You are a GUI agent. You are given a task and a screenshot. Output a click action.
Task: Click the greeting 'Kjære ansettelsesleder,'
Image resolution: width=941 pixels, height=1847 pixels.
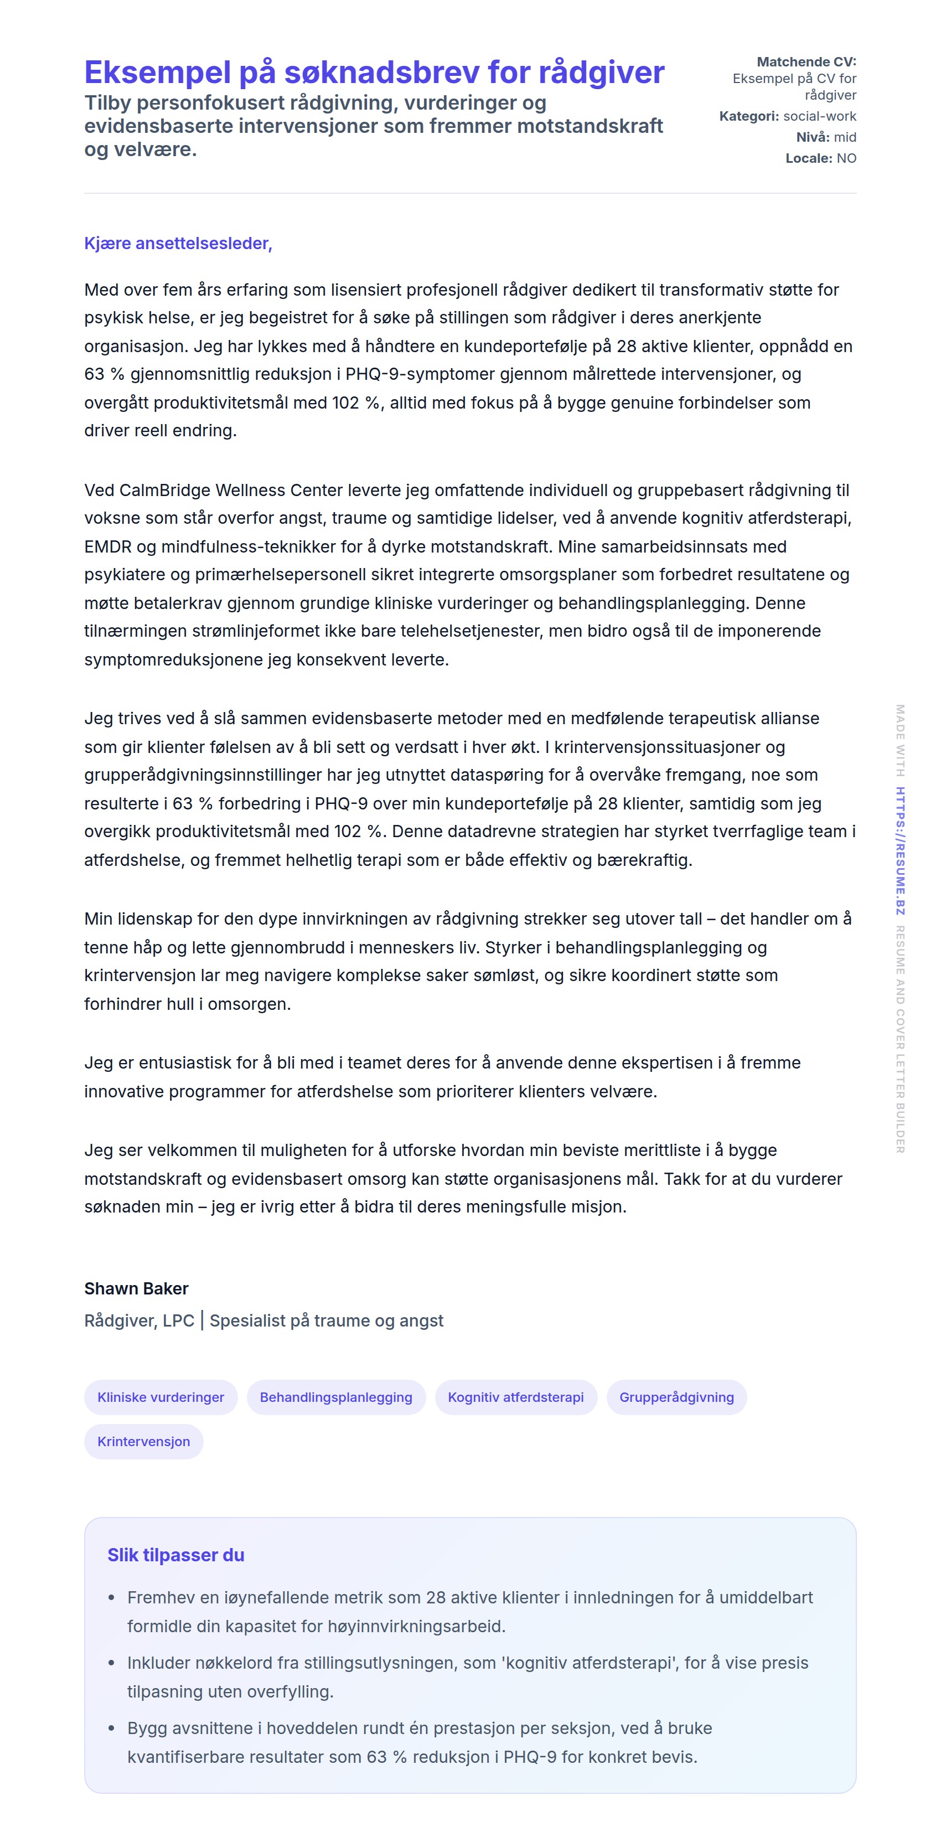click(x=178, y=243)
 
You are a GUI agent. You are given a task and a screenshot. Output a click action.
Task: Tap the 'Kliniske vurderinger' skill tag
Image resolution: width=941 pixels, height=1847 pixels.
click(x=161, y=1397)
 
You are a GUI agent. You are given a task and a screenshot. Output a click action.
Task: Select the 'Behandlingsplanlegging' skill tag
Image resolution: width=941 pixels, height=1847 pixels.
click(x=335, y=1397)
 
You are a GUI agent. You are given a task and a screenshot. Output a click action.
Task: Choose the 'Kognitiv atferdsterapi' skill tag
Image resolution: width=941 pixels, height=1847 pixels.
click(x=515, y=1397)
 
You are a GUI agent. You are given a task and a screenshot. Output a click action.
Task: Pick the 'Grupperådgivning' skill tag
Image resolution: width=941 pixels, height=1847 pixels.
click(x=676, y=1397)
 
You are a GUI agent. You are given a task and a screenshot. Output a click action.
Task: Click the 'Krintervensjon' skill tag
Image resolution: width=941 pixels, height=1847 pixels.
click(x=143, y=1441)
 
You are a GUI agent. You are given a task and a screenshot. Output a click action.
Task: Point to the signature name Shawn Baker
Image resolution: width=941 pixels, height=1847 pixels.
click(x=136, y=1288)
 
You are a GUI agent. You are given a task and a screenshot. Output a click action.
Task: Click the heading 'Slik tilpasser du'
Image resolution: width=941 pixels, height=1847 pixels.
click(x=175, y=1555)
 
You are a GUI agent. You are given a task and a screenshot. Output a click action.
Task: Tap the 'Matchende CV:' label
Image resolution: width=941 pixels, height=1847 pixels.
click(x=806, y=61)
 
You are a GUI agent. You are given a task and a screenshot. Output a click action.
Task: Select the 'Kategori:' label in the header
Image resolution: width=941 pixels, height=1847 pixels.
click(x=749, y=116)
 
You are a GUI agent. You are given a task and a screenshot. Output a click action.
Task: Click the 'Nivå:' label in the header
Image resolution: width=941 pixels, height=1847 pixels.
click(x=813, y=137)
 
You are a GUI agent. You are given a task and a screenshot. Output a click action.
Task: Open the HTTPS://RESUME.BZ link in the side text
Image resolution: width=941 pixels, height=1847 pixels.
click(x=900, y=850)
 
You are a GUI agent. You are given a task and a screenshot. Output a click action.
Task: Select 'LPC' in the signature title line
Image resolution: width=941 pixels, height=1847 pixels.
click(x=178, y=1320)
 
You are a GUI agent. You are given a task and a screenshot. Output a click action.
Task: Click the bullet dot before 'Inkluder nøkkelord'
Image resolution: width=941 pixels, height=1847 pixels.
click(x=111, y=1663)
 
